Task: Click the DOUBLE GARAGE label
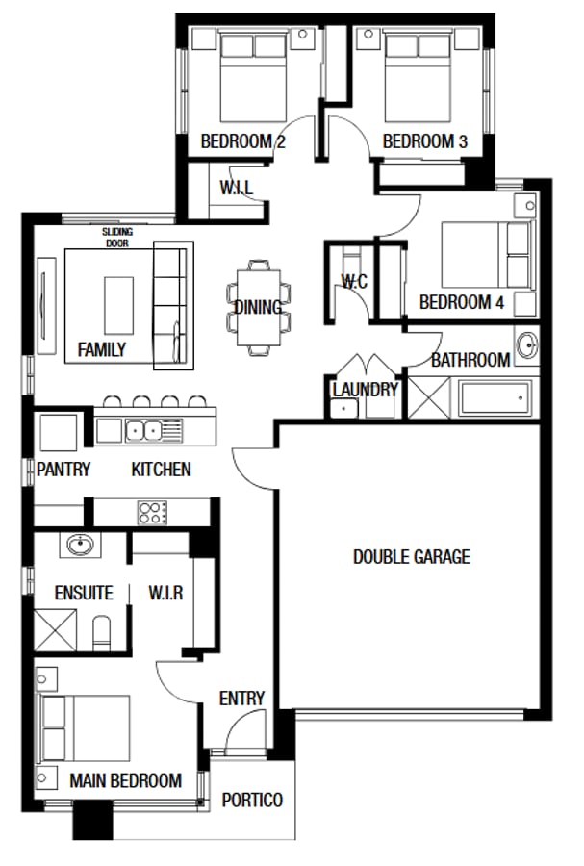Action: (x=411, y=556)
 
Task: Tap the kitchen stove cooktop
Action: (x=153, y=512)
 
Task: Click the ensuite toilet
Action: (x=103, y=631)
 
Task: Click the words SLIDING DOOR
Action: (x=118, y=238)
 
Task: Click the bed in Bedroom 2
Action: (x=253, y=78)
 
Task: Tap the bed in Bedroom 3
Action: (x=419, y=78)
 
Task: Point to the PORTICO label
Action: (x=252, y=800)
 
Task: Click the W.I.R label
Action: (x=165, y=593)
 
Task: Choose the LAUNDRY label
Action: (x=365, y=390)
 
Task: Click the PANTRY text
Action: (x=63, y=470)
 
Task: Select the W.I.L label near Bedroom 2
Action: (x=236, y=188)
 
